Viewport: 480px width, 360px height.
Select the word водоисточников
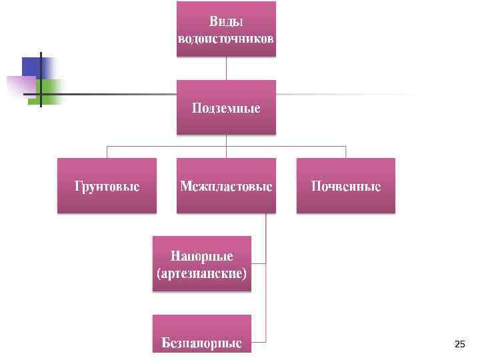click(226, 37)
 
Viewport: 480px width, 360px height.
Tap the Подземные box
click(226, 107)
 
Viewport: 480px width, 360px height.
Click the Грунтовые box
click(107, 185)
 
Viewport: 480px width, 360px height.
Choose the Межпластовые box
click(226, 185)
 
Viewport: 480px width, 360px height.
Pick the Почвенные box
click(346, 185)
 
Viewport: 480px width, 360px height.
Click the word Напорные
click(201, 256)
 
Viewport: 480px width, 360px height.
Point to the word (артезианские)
click(201, 273)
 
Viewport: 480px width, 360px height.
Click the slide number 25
click(459, 345)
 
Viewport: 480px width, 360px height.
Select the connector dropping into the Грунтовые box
click(107, 151)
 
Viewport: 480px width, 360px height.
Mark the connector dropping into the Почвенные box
click(346, 151)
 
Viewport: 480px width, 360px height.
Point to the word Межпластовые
click(226, 186)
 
